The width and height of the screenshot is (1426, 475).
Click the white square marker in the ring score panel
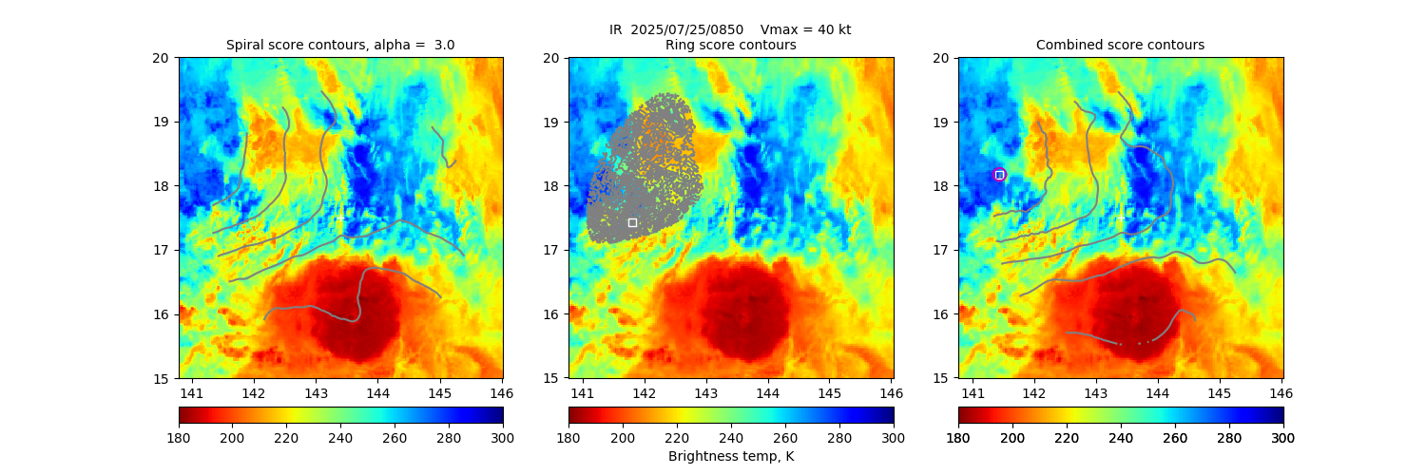pyautogui.click(x=632, y=222)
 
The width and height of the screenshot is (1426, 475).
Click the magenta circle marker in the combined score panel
pyautogui.click(x=999, y=175)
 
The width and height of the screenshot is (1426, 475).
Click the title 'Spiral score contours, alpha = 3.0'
pyautogui.click(x=340, y=45)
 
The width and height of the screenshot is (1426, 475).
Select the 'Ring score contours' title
pyautogui.click(x=730, y=45)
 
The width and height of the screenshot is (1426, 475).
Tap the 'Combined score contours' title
pyautogui.click(x=1120, y=45)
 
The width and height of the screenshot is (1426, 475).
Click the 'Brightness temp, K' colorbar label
pyautogui.click(x=730, y=456)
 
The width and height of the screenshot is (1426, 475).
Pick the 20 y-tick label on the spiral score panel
pyautogui.click(x=162, y=58)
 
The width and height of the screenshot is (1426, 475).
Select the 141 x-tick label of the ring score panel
pyautogui.click(x=582, y=392)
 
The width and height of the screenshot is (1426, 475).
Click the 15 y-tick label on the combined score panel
pyautogui.click(x=941, y=378)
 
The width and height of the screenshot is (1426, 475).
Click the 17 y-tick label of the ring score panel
pyautogui.click(x=551, y=250)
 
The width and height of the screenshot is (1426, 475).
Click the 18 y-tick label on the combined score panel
pyautogui.click(x=941, y=186)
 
